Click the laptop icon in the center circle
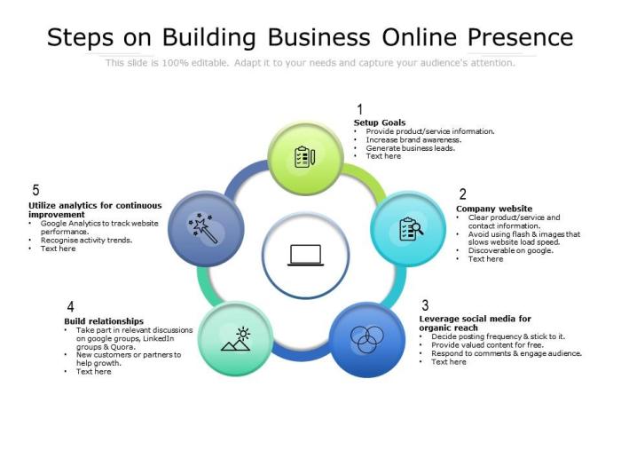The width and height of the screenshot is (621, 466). [x=305, y=256]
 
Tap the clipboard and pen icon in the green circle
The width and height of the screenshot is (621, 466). [x=305, y=157]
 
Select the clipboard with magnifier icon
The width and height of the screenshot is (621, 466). [x=411, y=229]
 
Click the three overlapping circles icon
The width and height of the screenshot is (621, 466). [x=367, y=339]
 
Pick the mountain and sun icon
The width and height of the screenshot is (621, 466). [x=236, y=339]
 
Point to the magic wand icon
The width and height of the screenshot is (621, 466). [x=203, y=228]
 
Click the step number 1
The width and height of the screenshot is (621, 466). [x=359, y=109]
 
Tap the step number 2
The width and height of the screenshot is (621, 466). [x=462, y=194]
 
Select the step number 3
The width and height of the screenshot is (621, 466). [x=425, y=305]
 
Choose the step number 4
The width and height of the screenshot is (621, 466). [x=70, y=307]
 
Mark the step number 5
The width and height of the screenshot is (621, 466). [x=35, y=190]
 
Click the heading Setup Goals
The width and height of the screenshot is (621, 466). [x=380, y=122]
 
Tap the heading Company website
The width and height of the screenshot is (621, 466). [x=494, y=209]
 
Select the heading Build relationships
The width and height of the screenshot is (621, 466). [x=104, y=321]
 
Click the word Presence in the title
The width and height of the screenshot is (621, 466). [x=521, y=37]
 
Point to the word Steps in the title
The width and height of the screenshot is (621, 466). [x=80, y=38]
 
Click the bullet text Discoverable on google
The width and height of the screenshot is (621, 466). [x=510, y=250]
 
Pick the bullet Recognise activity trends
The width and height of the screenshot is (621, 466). [x=86, y=241]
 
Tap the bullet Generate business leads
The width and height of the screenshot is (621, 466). [x=410, y=148]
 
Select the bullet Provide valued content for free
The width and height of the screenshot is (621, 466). [x=487, y=344]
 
